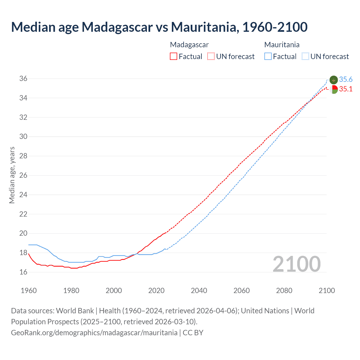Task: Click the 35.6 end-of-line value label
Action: [x=346, y=80]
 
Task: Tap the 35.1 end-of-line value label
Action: [x=346, y=89]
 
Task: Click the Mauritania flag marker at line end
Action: [x=334, y=80]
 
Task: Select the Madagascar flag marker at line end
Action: [x=334, y=89]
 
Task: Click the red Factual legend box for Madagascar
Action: [x=174, y=57]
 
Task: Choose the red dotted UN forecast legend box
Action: [x=211, y=57]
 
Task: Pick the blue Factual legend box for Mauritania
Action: [x=268, y=57]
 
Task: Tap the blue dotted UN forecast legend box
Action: [x=305, y=57]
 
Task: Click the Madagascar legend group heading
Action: [x=189, y=45]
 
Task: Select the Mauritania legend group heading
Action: [x=282, y=45]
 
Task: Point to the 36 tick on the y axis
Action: [x=23, y=79]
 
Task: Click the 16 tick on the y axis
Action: [x=23, y=272]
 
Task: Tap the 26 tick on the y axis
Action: [x=23, y=175]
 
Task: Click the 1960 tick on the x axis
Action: [x=29, y=291]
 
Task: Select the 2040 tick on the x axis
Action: [x=199, y=291]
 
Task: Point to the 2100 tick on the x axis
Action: [x=327, y=291]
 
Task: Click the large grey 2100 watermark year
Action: [x=296, y=264]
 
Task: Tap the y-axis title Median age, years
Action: [x=12, y=175]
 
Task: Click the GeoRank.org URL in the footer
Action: [x=94, y=333]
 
